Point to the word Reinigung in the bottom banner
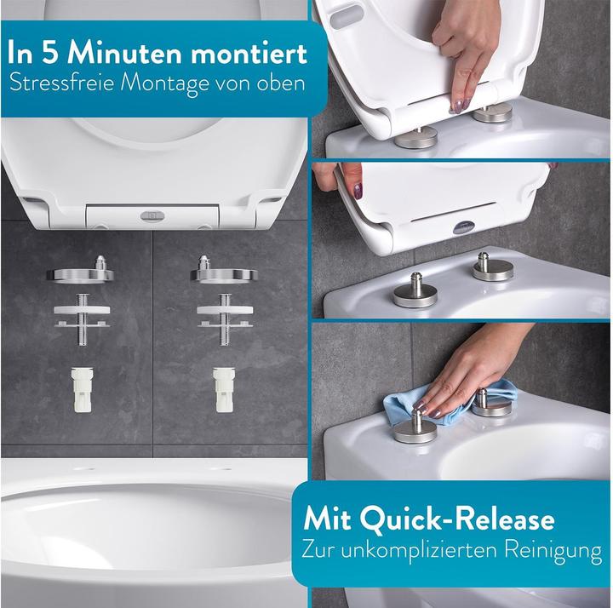coord(553,552)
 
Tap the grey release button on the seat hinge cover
coord(149,215)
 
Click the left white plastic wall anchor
coord(82,389)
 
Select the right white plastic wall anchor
coord(224,389)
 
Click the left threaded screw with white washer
coord(82,318)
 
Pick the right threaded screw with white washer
coord(225,318)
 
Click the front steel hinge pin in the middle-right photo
coord(415,291)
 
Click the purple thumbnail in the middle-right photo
coord(358,192)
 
